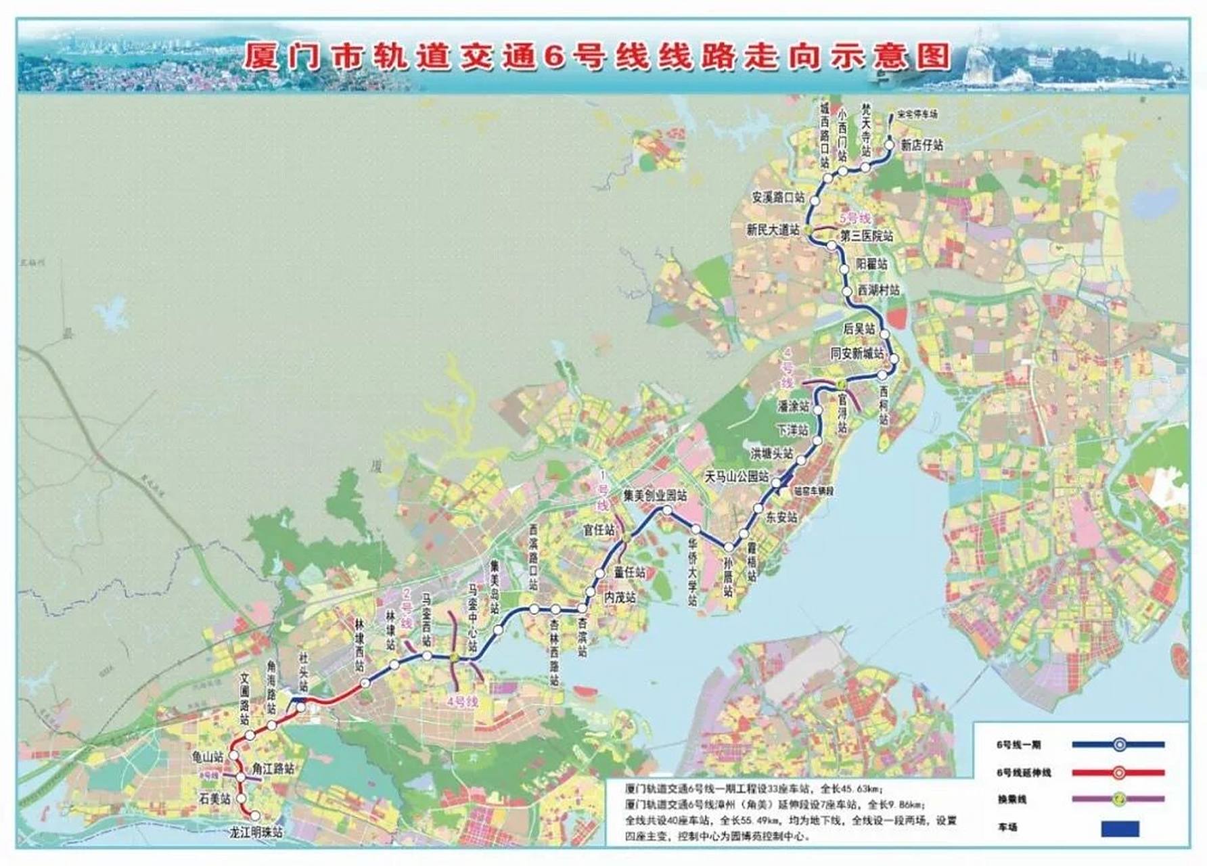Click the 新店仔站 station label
click(921, 145)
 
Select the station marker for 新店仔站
click(889, 144)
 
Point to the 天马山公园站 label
click(737, 477)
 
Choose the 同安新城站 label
click(857, 354)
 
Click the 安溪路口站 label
click(778, 198)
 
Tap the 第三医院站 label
click(867, 237)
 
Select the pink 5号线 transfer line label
click(855, 219)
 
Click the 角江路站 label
click(273, 769)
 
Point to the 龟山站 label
click(208, 758)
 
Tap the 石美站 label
click(214, 799)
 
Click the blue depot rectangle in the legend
click(1120, 829)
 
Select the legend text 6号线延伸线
click(1024, 773)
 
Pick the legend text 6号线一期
click(1018, 745)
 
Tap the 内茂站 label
click(620, 597)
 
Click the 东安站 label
click(781, 518)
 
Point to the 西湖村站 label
click(879, 290)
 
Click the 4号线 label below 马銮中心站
click(462, 702)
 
